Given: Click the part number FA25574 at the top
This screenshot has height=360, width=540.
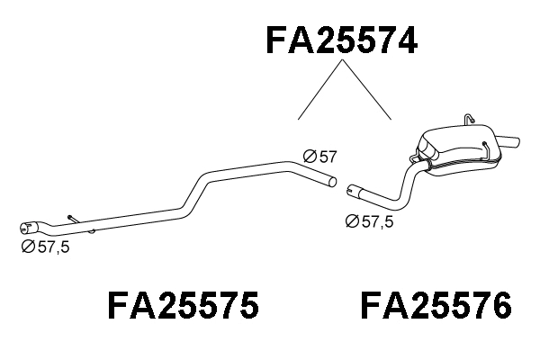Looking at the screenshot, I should (x=342, y=40).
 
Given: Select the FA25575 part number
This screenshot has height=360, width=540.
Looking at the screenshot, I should (x=184, y=306).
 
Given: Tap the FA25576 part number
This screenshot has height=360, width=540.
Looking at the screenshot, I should (x=436, y=306).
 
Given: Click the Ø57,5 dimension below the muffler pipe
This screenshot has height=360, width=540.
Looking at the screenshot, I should (x=370, y=221).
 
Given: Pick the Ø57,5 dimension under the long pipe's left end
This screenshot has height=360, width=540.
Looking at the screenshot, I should (x=45, y=247).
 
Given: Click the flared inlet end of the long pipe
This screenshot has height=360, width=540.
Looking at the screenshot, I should (x=30, y=225).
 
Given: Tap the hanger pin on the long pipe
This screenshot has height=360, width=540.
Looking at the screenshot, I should (x=72, y=218).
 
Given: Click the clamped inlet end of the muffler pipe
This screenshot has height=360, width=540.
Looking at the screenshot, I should (x=354, y=192).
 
